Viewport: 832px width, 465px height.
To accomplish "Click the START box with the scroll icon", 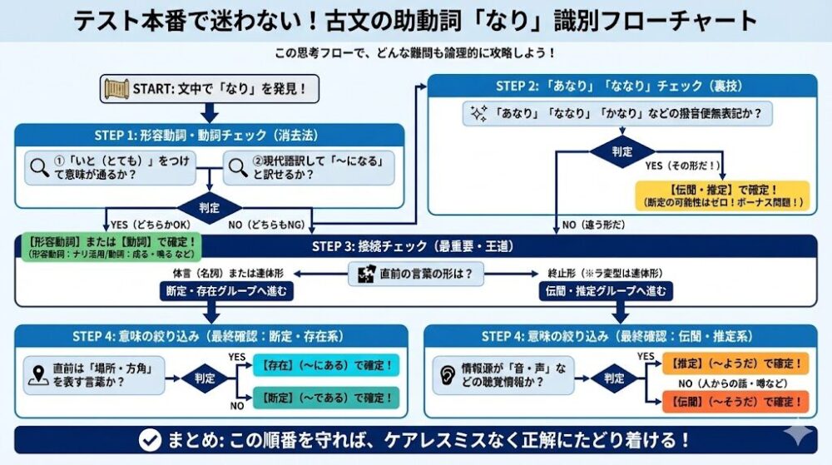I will click(210, 88).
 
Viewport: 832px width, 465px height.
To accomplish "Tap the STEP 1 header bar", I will click(210, 136).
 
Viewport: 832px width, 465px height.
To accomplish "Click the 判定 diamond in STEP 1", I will click(210, 207).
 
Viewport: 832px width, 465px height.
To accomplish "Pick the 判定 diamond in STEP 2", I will click(622, 153).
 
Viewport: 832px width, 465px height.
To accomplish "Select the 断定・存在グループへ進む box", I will click(227, 291).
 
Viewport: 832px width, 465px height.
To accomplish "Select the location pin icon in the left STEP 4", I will click(37, 374).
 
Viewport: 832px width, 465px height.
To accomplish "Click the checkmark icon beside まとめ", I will click(150, 439).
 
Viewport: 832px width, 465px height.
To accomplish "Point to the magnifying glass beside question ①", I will click(39, 167).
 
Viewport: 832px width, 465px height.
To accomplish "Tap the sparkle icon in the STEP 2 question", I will click(478, 113).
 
